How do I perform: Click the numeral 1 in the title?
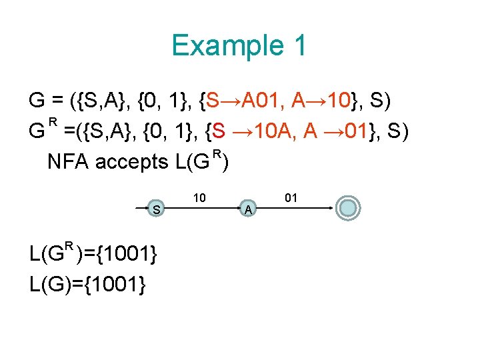click(x=299, y=45)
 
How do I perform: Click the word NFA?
click(x=69, y=162)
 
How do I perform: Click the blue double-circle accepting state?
click(x=348, y=208)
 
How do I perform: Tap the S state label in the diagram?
click(x=155, y=209)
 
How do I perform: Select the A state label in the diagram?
click(x=247, y=210)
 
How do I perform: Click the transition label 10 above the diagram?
click(x=199, y=197)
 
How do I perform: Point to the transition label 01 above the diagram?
click(x=291, y=197)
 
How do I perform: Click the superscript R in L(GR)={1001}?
click(x=67, y=247)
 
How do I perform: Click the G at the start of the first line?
click(x=37, y=101)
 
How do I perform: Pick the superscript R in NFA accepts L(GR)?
click(x=216, y=155)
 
